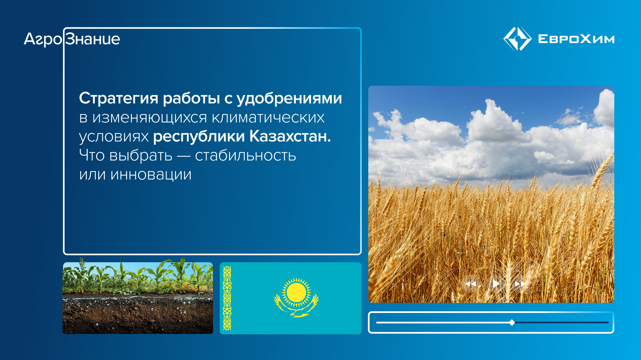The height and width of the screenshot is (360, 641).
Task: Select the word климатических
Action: coord(268,117)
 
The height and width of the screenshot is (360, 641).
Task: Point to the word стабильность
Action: coord(245,155)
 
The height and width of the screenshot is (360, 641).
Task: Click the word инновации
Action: coord(151,174)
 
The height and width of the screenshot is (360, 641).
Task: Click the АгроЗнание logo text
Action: coord(72,39)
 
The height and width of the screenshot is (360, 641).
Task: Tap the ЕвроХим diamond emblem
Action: coord(517,39)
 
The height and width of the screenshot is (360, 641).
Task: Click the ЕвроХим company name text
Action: coord(576,39)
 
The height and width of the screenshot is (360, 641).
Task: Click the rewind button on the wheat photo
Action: coord(471,284)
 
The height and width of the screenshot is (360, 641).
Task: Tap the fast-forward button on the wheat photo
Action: coord(520,284)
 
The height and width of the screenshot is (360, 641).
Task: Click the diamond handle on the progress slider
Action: coord(512,322)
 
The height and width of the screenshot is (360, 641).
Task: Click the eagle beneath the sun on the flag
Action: coord(296,310)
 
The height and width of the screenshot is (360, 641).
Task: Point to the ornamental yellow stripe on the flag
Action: coord(227,298)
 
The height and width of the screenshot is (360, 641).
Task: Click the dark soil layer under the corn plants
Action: coord(138,315)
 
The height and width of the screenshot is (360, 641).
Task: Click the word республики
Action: coord(199,136)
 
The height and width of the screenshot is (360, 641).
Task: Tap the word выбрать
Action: coord(141,155)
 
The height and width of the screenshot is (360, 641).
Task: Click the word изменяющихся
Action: coord(150,117)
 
